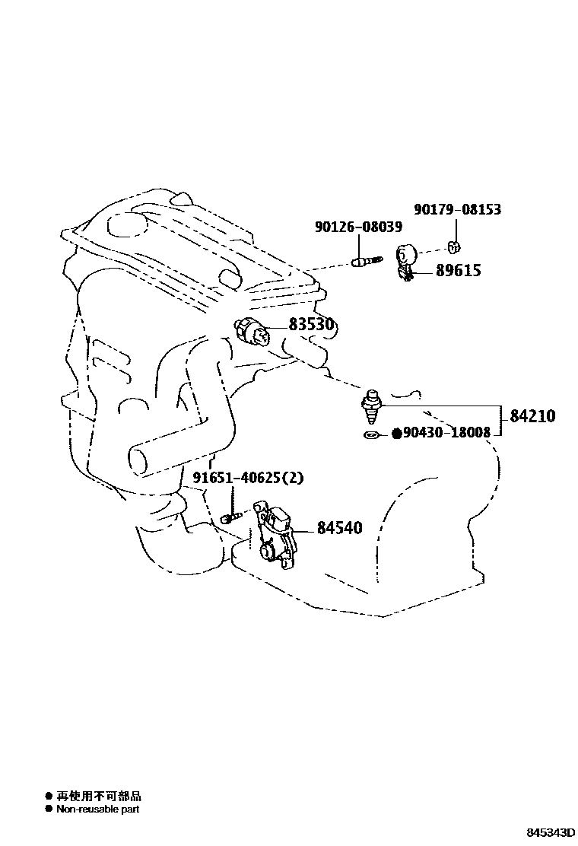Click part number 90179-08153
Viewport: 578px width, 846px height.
[457, 209]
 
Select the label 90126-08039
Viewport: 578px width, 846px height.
[358, 227]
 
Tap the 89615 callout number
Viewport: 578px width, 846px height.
[458, 270]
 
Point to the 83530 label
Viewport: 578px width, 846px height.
[311, 325]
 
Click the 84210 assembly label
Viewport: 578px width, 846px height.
[532, 416]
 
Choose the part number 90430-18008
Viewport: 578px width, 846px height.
[446, 433]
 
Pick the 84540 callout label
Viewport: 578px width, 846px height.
[339, 527]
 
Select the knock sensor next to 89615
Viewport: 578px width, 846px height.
[405, 260]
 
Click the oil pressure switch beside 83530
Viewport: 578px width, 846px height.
[253, 332]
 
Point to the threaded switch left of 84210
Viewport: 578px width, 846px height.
[372, 408]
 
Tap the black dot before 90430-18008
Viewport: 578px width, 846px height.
[396, 434]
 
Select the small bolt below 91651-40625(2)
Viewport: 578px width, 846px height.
[230, 517]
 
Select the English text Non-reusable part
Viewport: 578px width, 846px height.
[97, 809]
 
